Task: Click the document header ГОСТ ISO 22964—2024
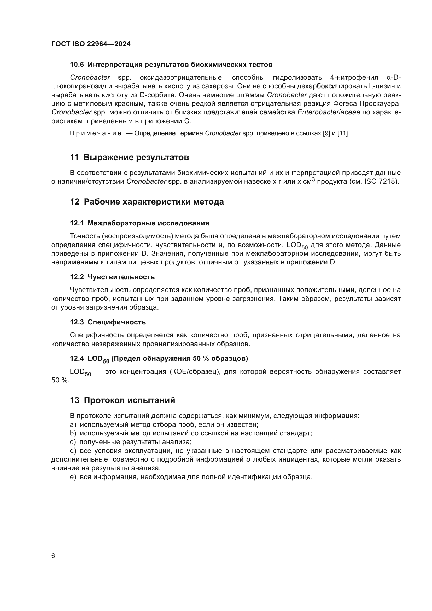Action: click(x=91, y=44)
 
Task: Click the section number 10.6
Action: click(x=77, y=65)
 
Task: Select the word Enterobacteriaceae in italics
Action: click(x=329, y=112)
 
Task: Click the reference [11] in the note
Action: click(x=343, y=133)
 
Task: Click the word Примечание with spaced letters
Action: click(x=96, y=133)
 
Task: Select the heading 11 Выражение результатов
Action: click(x=129, y=157)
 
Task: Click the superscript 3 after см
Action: click(x=313, y=179)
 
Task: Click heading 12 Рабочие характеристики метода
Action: click(x=147, y=202)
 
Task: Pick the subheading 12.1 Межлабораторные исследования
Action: click(x=139, y=223)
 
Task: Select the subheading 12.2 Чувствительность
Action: click(x=112, y=277)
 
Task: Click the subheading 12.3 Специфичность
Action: click(x=108, y=322)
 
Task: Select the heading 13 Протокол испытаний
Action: click(x=122, y=400)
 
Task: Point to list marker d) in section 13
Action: click(x=73, y=451)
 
